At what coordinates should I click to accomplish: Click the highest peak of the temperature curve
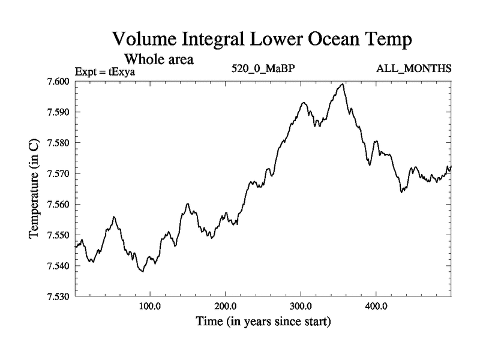point(342,85)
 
